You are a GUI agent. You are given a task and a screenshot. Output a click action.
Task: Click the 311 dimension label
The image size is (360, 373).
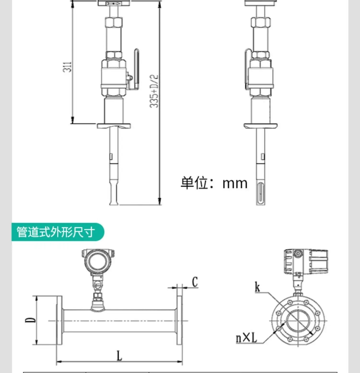(69, 66)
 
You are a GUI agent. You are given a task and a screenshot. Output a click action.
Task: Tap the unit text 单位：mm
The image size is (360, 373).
(214, 183)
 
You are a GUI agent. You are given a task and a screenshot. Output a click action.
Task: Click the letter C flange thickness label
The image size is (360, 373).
(194, 282)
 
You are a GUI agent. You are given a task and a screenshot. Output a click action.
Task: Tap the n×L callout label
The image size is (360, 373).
(246, 338)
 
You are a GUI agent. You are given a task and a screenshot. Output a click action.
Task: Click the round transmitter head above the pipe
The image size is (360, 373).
(98, 262)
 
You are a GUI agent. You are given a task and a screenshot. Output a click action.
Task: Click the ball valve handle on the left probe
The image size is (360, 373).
(136, 67)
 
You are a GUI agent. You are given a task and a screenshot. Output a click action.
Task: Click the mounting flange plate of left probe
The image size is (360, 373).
(115, 126)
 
